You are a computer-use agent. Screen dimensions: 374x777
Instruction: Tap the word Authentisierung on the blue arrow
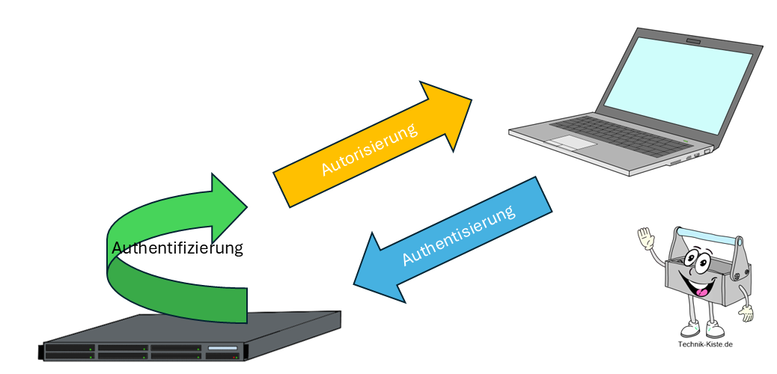click(x=459, y=234)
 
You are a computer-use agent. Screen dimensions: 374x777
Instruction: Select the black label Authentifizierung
click(x=177, y=248)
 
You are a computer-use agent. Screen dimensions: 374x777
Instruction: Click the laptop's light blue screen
click(x=682, y=82)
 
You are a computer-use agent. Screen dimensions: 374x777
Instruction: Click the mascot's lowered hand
click(x=746, y=313)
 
